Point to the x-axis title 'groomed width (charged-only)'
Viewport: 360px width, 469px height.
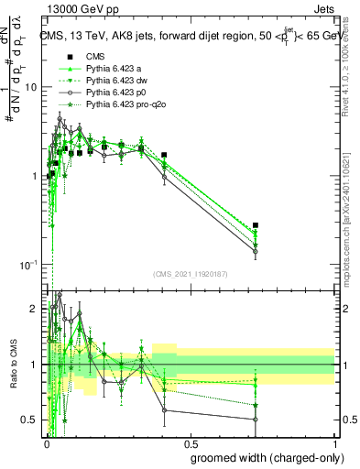click(262, 456)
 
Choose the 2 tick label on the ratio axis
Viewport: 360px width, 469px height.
click(35, 309)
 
